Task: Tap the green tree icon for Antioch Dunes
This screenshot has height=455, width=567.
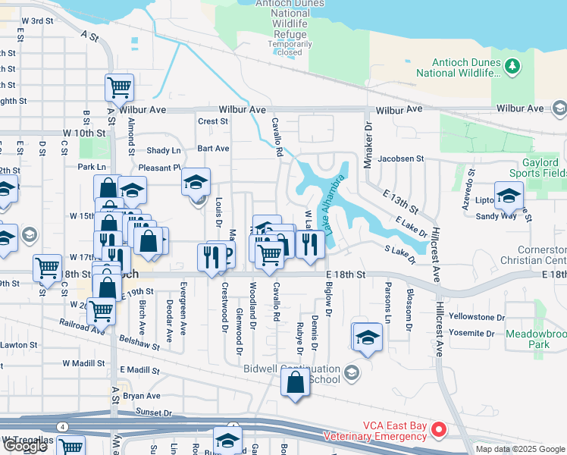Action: point(514,68)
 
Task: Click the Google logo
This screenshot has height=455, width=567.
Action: point(25,446)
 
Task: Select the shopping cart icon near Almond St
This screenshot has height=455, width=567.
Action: point(119,87)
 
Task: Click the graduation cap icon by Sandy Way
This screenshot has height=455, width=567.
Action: point(509,196)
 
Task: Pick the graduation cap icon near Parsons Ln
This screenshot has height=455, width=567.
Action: point(367,337)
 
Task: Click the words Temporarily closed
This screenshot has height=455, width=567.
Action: point(290,49)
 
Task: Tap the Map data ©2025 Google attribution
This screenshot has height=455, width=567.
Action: point(520,449)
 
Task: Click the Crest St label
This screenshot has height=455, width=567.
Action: point(212,121)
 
